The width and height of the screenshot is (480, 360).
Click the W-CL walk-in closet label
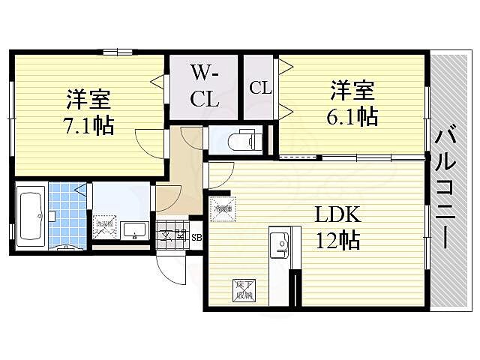point(203,85)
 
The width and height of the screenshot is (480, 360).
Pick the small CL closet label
point(259,88)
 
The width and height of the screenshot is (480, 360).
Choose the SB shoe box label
point(196,238)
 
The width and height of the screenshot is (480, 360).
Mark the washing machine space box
point(104,227)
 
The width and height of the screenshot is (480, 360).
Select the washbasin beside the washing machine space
point(136,229)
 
